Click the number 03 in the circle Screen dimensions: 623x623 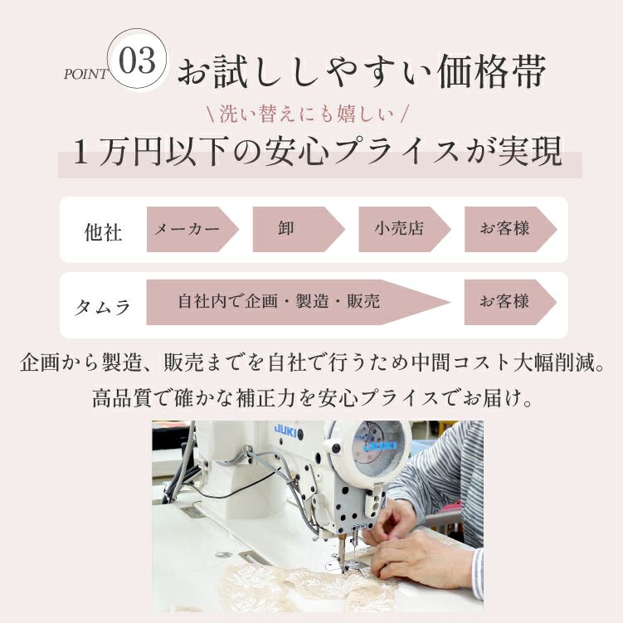coord(137,61)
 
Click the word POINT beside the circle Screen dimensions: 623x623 coord(85,74)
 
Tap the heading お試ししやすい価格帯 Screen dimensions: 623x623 coord(362,71)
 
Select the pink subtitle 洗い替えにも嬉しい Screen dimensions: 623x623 coord(306,114)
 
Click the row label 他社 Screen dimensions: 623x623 coord(103,231)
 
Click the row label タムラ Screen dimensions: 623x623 coord(103,307)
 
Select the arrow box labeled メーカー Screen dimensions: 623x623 coord(192,229)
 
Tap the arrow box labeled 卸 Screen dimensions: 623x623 coord(299,229)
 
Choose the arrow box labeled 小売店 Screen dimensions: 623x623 coord(405,229)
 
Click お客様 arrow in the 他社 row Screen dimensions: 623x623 coord(510,229)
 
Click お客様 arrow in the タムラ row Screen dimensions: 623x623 coord(510,302)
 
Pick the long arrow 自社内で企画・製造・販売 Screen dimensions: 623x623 coord(299,302)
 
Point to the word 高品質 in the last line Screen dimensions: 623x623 coord(122,397)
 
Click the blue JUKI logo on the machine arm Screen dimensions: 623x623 coord(285,432)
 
